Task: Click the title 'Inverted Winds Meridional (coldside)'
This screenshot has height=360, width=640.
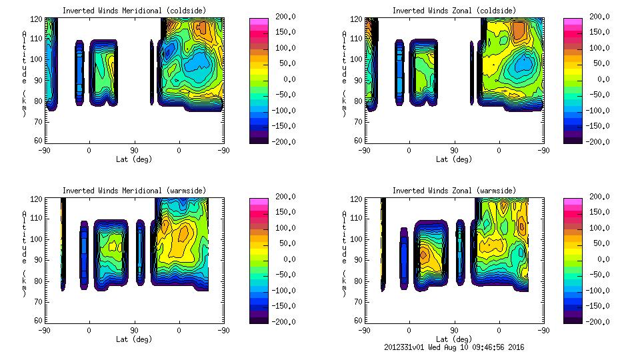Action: (x=134, y=11)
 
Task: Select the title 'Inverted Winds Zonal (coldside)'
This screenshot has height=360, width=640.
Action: (x=454, y=11)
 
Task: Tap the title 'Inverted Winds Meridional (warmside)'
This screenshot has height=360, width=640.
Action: (x=134, y=191)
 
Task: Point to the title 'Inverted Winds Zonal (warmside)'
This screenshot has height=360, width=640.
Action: (x=454, y=191)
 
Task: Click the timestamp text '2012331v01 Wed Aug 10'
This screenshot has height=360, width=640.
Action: (x=426, y=347)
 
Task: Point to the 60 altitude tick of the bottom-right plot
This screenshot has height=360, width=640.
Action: (x=358, y=321)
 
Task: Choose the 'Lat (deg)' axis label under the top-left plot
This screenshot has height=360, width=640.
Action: (x=134, y=159)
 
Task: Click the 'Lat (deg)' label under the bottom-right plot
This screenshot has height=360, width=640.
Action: (x=454, y=339)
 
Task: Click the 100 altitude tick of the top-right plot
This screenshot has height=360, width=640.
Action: (x=358, y=59)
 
